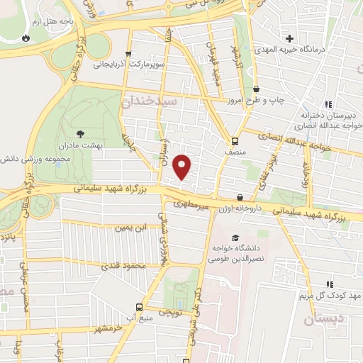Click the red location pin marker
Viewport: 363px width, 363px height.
pos(182,165)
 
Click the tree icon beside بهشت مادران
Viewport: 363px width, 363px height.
pos(79,133)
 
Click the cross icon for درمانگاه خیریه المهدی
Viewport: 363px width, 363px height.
pos(289,38)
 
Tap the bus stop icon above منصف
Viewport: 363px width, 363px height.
pos(235,140)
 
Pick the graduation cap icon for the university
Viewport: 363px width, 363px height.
pos(235,238)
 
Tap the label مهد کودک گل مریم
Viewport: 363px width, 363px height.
pos(326,294)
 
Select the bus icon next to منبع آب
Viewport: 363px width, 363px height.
pos(138,308)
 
